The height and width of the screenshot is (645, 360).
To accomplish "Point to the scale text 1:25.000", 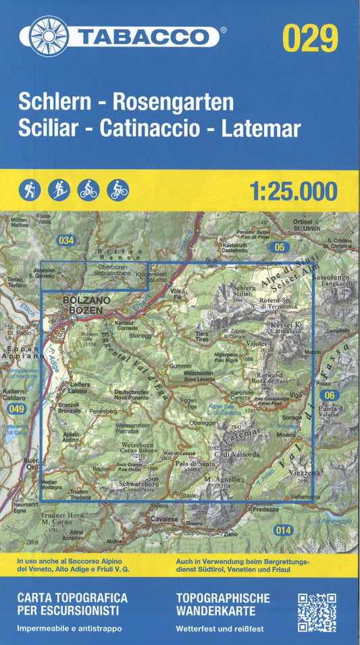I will [293, 191].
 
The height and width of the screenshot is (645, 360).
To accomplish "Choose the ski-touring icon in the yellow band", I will [58, 190].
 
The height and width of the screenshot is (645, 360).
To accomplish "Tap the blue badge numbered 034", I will [66, 240].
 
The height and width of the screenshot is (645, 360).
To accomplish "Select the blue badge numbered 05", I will [278, 248].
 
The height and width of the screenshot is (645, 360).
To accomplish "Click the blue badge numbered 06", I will [329, 395].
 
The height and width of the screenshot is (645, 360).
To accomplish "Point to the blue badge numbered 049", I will [16, 409].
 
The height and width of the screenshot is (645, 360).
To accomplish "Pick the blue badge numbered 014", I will [284, 530].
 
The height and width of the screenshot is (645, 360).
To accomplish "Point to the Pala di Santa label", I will [191, 463].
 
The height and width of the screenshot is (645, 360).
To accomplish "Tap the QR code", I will [317, 612].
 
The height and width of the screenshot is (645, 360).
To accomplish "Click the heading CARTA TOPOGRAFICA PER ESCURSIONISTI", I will [73, 604].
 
